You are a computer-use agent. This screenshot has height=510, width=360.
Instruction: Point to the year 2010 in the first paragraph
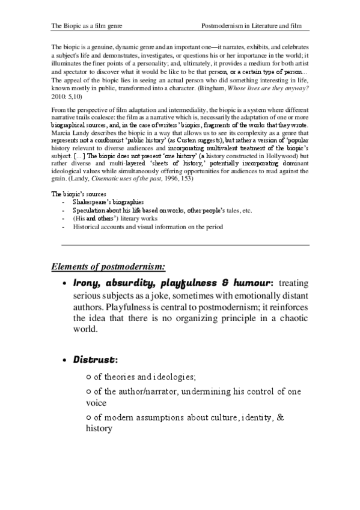[x=59, y=96]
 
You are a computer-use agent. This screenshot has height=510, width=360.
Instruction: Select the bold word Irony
[x=87, y=282]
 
